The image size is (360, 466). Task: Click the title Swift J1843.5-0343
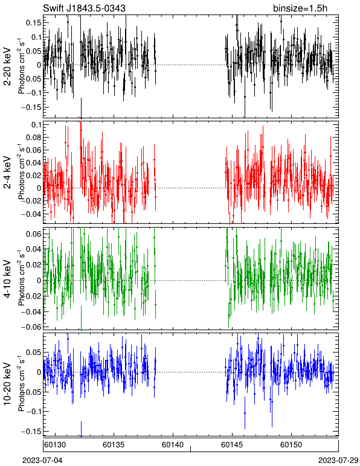(84, 8)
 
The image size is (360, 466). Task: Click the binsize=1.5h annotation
(300, 8)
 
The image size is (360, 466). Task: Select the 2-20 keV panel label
(7, 66)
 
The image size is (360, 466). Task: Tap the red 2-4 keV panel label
(7, 173)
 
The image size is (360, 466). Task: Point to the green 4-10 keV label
(7, 279)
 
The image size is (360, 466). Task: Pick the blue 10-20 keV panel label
(7, 384)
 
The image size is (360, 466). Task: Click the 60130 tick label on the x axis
(55, 445)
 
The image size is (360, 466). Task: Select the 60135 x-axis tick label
(114, 445)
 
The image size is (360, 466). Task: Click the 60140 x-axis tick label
(173, 445)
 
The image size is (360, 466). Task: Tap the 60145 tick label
(232, 445)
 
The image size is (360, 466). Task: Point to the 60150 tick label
(291, 445)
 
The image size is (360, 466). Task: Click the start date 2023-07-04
(43, 461)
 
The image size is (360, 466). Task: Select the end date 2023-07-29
(338, 461)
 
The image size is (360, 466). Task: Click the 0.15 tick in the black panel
(34, 23)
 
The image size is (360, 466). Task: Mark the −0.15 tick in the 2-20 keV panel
(31, 107)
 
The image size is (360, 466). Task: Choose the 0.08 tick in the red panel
(34, 138)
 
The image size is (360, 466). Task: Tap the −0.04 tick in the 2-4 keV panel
(31, 214)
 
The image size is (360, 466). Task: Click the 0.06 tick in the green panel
(34, 234)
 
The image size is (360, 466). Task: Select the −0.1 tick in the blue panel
(33, 412)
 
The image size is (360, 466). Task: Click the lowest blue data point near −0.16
(81, 436)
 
